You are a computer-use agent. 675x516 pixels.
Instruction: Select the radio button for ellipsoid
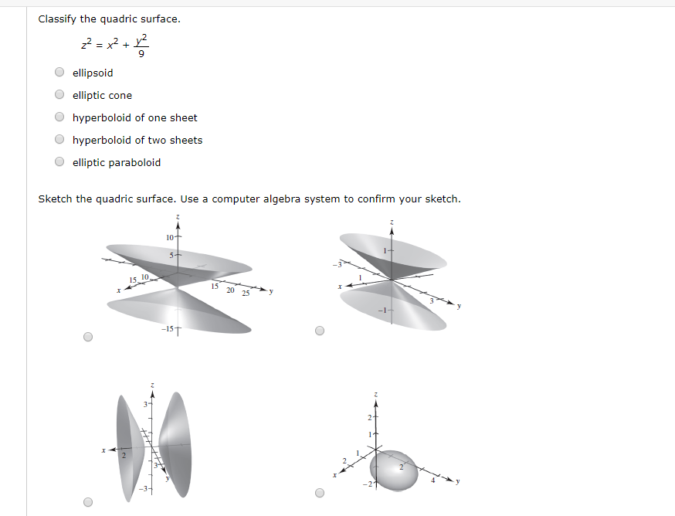coord(59,73)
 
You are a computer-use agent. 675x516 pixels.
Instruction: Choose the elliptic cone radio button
coord(59,95)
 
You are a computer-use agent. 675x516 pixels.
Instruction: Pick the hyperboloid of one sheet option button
coord(59,117)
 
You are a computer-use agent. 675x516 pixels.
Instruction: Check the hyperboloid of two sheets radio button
coord(59,140)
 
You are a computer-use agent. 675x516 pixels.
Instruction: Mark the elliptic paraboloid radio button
coord(59,162)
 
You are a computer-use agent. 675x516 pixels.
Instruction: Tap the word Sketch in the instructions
coord(55,199)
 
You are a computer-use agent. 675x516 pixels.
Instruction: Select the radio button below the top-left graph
coord(88,337)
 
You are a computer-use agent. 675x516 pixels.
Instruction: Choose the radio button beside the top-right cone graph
coord(321,331)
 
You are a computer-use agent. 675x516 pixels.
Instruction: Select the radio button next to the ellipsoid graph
coord(321,492)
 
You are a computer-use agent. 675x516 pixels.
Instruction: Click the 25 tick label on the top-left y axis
coord(246,293)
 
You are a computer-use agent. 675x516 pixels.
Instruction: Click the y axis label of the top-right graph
coord(458,307)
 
